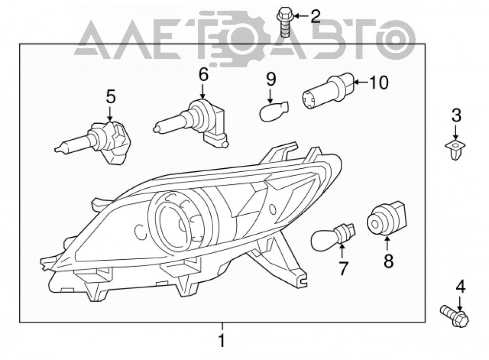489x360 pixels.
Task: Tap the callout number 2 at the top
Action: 315,16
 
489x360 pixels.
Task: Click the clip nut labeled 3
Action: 455,149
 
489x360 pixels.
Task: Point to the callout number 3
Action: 456,115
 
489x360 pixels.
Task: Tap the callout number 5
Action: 111,96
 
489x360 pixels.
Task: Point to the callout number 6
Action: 203,75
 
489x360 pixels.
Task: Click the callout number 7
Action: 343,268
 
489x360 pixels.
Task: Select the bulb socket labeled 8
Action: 387,218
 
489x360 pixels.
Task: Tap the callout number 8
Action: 389,261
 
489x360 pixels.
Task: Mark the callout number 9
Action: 271,79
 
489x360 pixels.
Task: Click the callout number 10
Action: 378,83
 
